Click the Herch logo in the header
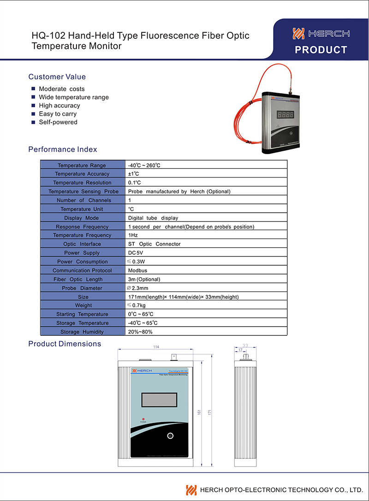tap(321, 33)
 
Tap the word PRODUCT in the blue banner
tap(321, 50)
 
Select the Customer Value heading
tap(57, 77)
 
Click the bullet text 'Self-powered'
tap(58, 122)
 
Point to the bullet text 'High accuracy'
tap(60, 106)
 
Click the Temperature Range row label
tap(82, 165)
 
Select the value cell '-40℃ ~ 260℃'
tap(144, 165)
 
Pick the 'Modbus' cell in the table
tap(137, 270)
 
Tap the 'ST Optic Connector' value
tap(154, 244)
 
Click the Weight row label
tap(83, 305)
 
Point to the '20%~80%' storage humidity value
tap(140, 332)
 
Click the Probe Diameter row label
tap(82, 288)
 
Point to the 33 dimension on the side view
tap(245, 345)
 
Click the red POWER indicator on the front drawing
tap(143, 419)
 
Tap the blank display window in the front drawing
tap(160, 399)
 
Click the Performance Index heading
tap(63, 149)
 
